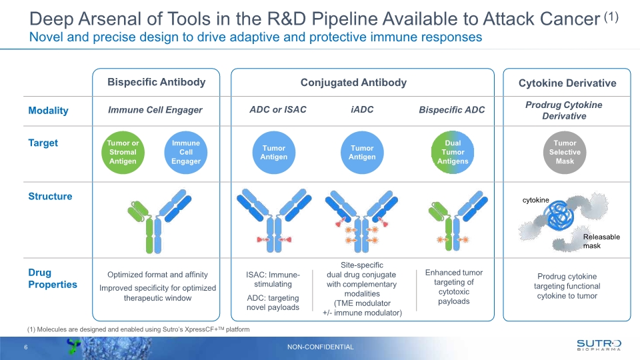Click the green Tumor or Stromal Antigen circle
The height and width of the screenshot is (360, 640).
tap(123, 152)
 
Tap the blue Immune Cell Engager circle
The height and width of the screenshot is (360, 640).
tap(185, 152)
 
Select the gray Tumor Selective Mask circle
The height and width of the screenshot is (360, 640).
tap(565, 152)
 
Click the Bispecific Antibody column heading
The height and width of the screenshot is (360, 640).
tap(157, 83)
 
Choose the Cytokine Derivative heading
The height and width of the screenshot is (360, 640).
tap(567, 83)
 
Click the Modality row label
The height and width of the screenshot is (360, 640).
tap(48, 111)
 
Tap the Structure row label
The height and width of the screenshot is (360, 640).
tap(50, 197)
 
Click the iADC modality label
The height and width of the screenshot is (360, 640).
tap(362, 109)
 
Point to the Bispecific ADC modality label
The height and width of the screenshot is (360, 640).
tap(451, 110)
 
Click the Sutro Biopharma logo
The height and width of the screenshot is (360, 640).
tap(599, 345)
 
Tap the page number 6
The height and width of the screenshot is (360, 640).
tap(26, 347)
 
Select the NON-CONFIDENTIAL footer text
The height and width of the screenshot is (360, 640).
tap(321, 347)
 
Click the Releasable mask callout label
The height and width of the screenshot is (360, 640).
tap(601, 241)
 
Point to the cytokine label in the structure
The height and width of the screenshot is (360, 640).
tap(535, 199)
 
